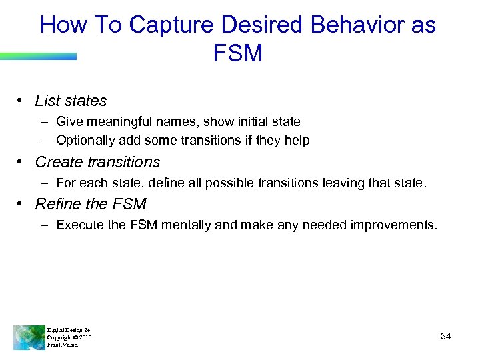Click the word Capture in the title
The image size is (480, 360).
[171, 25]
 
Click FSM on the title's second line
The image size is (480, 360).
[238, 53]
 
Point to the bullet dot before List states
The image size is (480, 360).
[21, 101]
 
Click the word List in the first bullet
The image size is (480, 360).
[47, 101]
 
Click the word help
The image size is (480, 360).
[297, 141]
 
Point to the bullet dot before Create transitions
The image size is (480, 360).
[21, 162]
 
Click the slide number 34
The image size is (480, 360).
[446, 337]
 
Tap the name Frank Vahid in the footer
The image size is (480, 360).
[62, 345]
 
